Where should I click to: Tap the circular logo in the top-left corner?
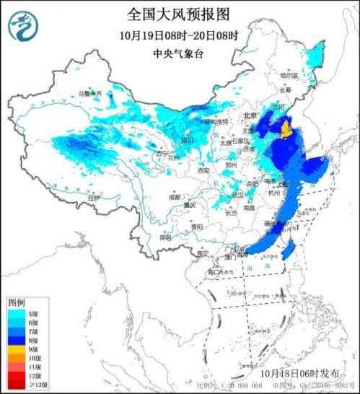coord(23,27)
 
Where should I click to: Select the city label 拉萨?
coord(92,198)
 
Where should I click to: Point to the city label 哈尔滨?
coord(309,74)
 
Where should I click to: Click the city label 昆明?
coord(166,237)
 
